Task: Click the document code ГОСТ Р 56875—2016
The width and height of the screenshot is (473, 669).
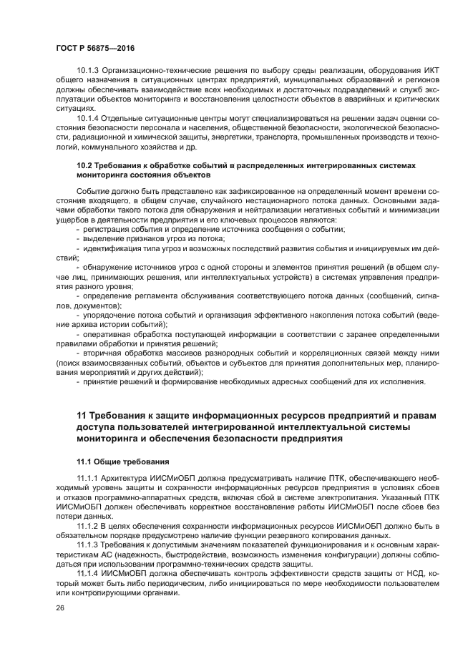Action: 95,47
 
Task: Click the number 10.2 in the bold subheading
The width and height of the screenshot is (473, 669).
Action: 84,165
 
